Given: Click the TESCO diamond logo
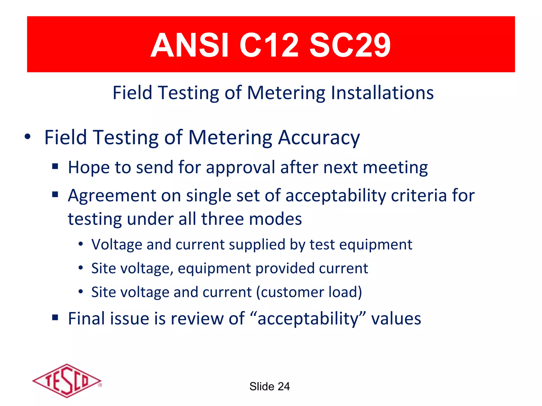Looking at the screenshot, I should coord(67,381).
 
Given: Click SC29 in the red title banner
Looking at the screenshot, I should coord(350,45).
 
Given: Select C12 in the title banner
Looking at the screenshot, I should coord(269,45).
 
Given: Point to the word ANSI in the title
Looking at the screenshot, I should coord(189,45).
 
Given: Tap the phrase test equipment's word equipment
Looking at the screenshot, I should coord(376,244).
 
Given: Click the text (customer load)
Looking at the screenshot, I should coord(309,292).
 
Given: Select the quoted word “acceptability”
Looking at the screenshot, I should coord(308,319).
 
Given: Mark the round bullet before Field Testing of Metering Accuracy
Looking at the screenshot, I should coord(28,137).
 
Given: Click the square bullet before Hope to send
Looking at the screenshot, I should coord(55,167).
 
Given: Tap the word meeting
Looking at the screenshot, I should coord(395,168).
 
